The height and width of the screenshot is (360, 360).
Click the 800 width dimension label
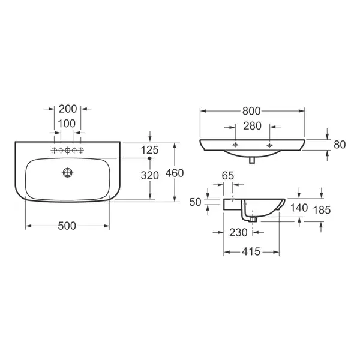click(x=251, y=111)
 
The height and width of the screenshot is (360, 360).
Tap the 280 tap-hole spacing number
click(x=253, y=126)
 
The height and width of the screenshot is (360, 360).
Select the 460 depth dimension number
click(x=175, y=173)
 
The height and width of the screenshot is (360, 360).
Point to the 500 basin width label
click(x=67, y=226)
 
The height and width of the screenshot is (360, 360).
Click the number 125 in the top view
click(x=149, y=150)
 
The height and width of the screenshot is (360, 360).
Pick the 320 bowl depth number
click(x=149, y=175)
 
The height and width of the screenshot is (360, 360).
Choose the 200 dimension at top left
click(x=68, y=109)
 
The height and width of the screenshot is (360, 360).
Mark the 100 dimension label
click(x=67, y=124)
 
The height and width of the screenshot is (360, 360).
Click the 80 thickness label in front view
click(x=340, y=145)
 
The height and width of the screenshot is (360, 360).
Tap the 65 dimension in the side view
click(x=228, y=176)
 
